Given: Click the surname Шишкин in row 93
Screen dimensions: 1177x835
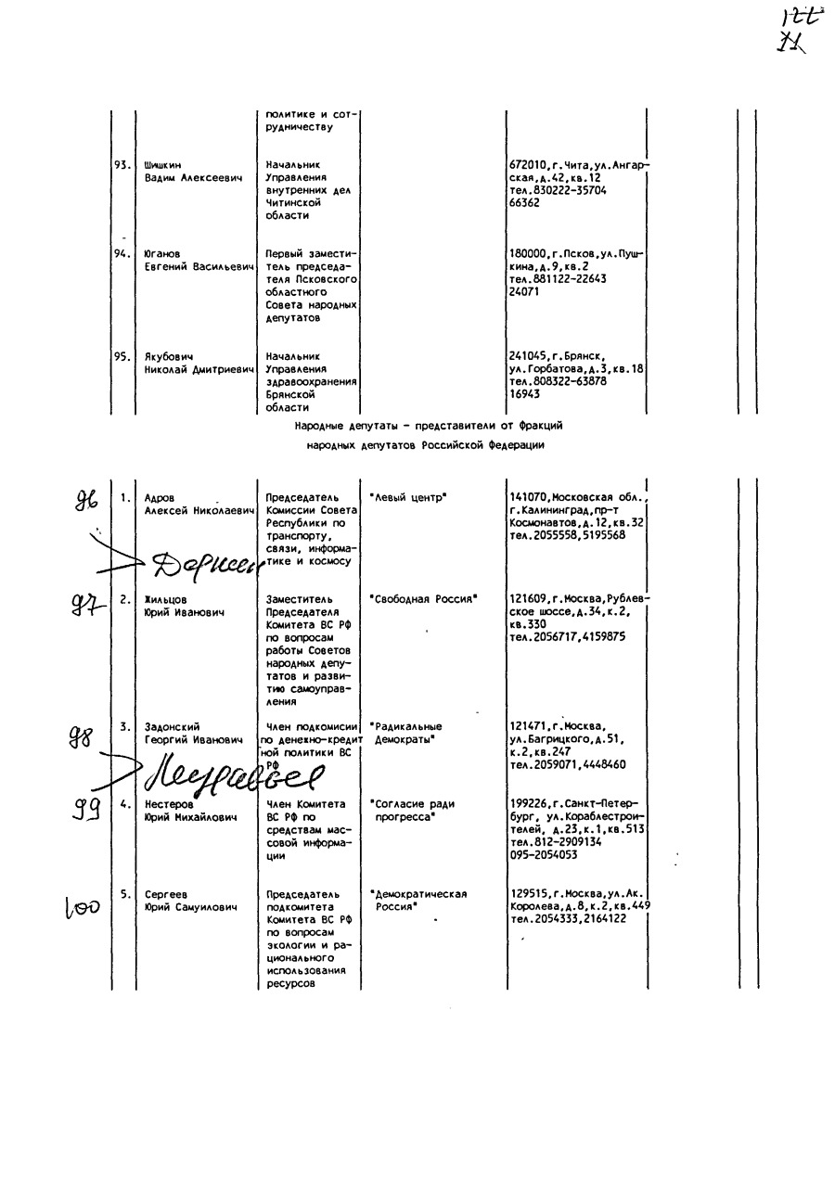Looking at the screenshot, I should (x=163, y=165).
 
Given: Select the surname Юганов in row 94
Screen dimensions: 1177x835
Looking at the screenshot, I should (x=162, y=253).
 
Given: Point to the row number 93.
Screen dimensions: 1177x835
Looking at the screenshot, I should (x=122, y=165).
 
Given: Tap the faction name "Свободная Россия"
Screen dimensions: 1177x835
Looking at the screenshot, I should (x=423, y=599).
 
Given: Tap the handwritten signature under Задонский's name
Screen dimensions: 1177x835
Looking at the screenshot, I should (x=232, y=773).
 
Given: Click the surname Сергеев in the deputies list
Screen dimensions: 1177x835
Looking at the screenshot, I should (x=165, y=894).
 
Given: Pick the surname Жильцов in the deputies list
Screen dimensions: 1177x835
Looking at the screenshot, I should (x=166, y=599).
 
